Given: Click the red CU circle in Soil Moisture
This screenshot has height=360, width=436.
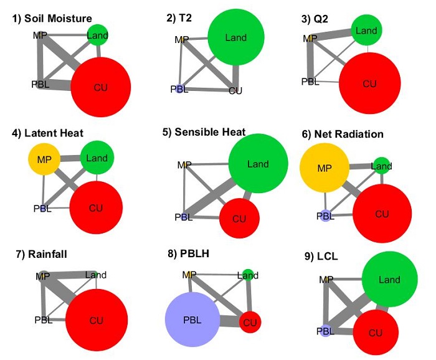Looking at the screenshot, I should point(101,87).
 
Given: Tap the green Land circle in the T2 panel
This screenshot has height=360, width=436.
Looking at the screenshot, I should point(236,38).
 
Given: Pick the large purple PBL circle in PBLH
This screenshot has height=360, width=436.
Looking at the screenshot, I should point(192,320).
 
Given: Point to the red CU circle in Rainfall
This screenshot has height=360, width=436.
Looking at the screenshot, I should point(96,320).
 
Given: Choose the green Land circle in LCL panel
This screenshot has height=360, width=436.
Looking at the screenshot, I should point(389,280).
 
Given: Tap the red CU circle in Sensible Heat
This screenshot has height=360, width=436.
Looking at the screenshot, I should point(239,219).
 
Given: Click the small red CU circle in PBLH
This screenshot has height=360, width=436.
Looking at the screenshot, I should point(250,322).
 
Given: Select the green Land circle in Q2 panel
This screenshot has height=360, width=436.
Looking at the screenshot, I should point(367,31).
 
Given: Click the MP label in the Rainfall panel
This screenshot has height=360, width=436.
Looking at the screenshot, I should point(43,276).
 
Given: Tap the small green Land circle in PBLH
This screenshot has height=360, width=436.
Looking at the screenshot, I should point(248,275).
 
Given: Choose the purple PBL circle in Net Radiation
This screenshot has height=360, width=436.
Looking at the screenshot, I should point(325,216).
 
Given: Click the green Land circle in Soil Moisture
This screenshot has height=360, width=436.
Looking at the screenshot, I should point(97,35).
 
